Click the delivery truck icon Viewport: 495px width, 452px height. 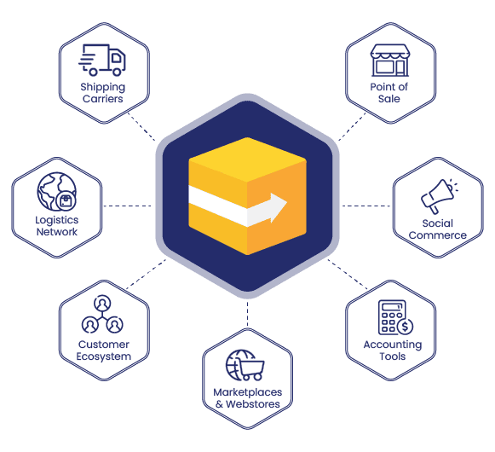tap(102, 60)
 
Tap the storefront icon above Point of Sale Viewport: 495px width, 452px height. tap(390, 60)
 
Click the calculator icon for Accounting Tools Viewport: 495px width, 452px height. tap(395, 317)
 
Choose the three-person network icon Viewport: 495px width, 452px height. tap(102, 314)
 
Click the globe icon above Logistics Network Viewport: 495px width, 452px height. tap(57, 192)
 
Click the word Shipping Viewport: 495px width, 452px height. tap(102, 87)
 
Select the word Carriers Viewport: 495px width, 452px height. tap(102, 99)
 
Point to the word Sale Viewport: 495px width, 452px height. tap(389, 99)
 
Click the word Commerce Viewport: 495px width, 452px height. tap(438, 235)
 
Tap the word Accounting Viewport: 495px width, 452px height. tap(393, 345)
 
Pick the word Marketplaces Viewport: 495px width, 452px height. tap(247, 392)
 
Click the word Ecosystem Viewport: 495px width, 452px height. tap(104, 356)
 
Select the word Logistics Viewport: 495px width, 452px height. tap(57, 220)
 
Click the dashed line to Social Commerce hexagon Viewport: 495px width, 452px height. tap(366, 206)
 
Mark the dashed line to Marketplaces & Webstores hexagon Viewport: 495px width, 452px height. tap(247, 313)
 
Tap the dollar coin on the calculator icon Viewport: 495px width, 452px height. tap(405, 327)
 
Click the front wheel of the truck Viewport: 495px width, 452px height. tap(117, 72)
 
